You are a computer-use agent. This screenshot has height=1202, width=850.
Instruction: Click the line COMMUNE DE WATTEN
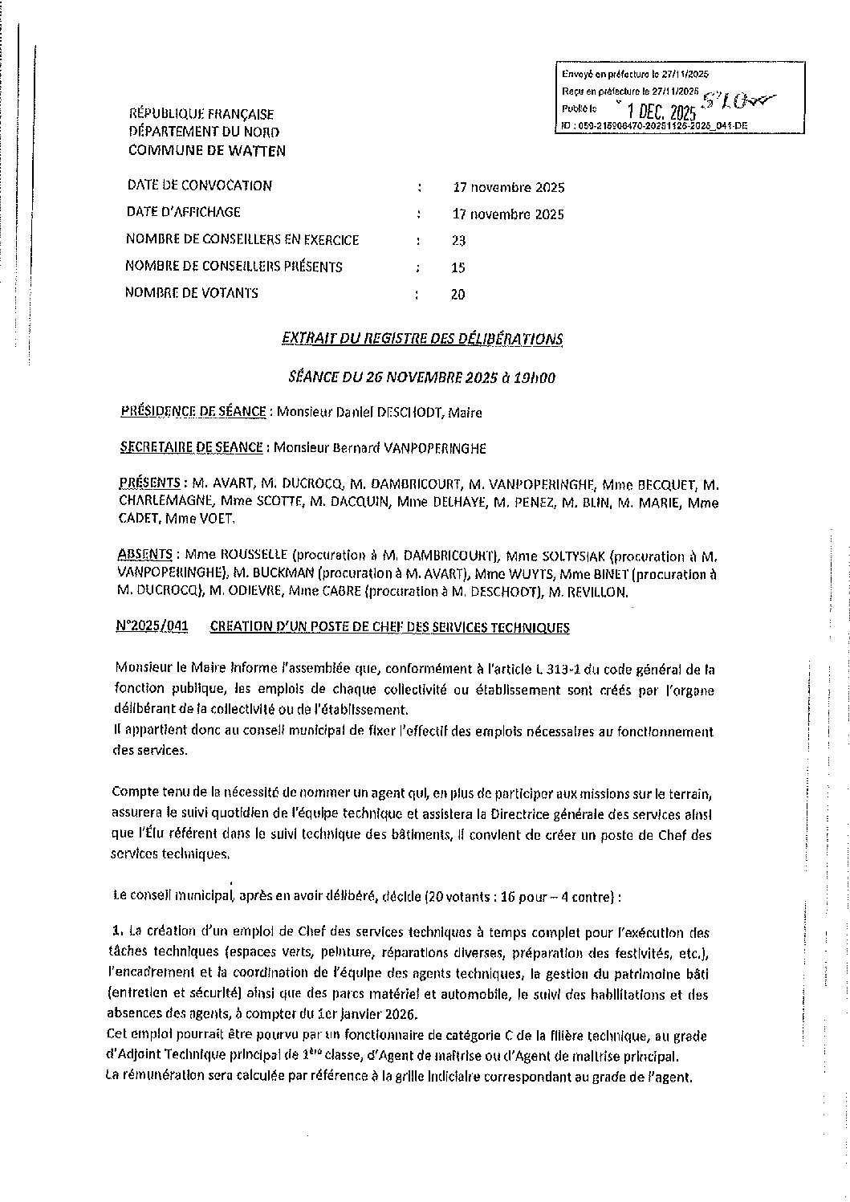(x=206, y=150)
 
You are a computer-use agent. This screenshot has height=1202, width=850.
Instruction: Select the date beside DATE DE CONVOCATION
(x=508, y=188)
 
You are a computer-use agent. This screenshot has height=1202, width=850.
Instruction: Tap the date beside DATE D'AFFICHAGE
(x=508, y=214)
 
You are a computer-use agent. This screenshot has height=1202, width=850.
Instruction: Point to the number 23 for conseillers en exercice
(x=458, y=241)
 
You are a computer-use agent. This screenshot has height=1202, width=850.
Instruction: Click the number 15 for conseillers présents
(x=458, y=267)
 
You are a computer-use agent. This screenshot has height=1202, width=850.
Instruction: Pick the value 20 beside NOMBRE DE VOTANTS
(x=458, y=295)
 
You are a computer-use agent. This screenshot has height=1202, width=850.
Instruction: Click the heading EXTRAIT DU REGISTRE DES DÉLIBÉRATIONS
(x=422, y=339)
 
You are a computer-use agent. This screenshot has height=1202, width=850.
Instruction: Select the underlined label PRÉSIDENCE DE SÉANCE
(x=193, y=412)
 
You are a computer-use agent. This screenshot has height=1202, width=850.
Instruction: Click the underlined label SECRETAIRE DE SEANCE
(x=191, y=447)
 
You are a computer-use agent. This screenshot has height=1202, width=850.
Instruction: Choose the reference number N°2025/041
(x=152, y=627)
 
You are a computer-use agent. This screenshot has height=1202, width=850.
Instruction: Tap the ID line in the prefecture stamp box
(x=642, y=126)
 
